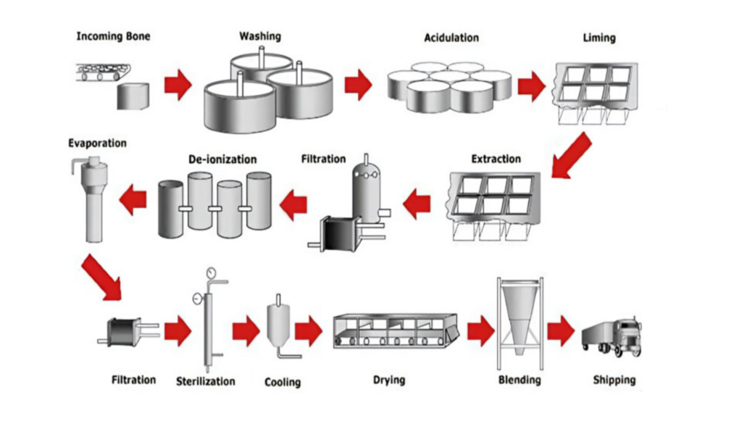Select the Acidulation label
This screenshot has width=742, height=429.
451,37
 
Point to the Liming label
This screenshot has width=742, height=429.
599,37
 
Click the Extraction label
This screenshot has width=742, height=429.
496,158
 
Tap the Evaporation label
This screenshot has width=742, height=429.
97,143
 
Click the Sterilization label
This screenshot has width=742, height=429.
206,381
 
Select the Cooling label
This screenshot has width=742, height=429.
283,382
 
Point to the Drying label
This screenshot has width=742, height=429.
389,380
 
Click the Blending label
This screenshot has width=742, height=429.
520,380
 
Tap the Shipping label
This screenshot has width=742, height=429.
614,380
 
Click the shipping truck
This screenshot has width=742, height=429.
612,336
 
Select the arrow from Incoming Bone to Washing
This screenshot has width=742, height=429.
178,86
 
